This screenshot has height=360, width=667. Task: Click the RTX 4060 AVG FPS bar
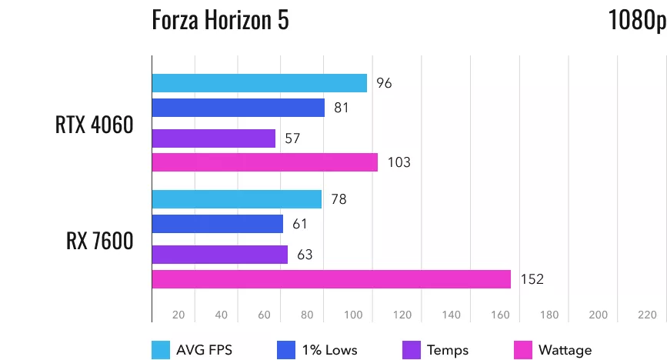pyautogui.click(x=259, y=83)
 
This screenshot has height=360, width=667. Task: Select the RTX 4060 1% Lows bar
pyautogui.click(x=238, y=108)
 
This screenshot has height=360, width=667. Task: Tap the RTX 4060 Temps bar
pyautogui.click(x=214, y=138)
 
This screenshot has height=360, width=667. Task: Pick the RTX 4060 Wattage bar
pyautogui.click(x=265, y=162)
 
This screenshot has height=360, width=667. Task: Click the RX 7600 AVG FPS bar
pyautogui.click(x=237, y=199)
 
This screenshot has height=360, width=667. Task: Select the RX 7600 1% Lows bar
pyautogui.click(x=218, y=224)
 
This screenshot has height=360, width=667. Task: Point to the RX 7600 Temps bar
pyautogui.click(x=220, y=255)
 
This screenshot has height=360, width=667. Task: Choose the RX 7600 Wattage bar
pyautogui.click(x=332, y=279)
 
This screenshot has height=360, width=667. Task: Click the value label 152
pyautogui.click(x=532, y=279)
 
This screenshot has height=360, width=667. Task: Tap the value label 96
pyautogui.click(x=384, y=83)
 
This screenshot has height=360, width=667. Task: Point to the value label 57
pyautogui.click(x=292, y=138)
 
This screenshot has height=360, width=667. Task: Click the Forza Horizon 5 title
pyautogui.click(x=221, y=20)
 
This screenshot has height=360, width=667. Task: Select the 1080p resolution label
pyautogui.click(x=635, y=20)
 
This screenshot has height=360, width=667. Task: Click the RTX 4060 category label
pyautogui.click(x=95, y=125)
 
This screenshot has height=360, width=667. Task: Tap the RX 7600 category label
pyautogui.click(x=100, y=242)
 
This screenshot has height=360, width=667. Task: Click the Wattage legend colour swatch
pyautogui.click(x=522, y=350)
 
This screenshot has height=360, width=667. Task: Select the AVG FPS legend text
pyautogui.click(x=204, y=350)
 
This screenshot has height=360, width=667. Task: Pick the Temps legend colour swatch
pyautogui.click(x=412, y=350)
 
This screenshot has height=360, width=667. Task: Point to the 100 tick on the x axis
pyautogui.click(x=355, y=315)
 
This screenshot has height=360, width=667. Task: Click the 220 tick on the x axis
pyautogui.click(x=647, y=315)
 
